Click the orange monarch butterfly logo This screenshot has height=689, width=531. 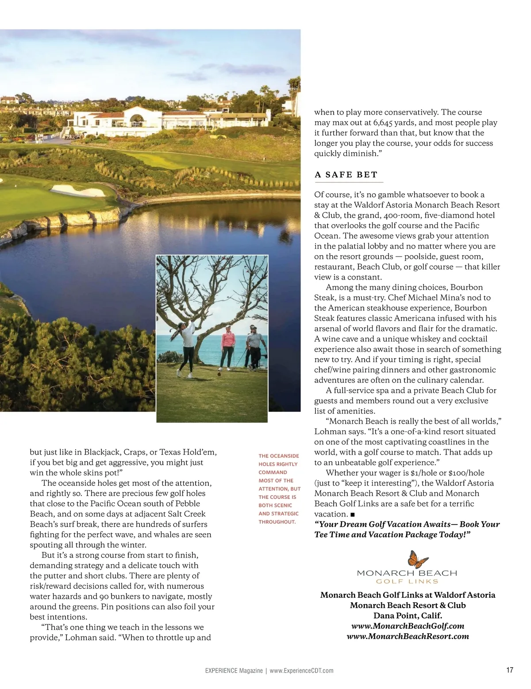tap(418, 559)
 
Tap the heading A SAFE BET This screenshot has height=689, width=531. tap(346, 175)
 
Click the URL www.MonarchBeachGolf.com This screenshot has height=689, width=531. tap(408, 626)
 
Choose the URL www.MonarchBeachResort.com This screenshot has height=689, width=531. tap(408, 636)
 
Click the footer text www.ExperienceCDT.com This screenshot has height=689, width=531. tap(301, 670)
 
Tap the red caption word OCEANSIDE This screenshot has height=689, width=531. tap(284, 456)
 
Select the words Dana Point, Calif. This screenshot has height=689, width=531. tap(408, 616)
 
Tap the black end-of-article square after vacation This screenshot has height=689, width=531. tap(352, 514)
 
